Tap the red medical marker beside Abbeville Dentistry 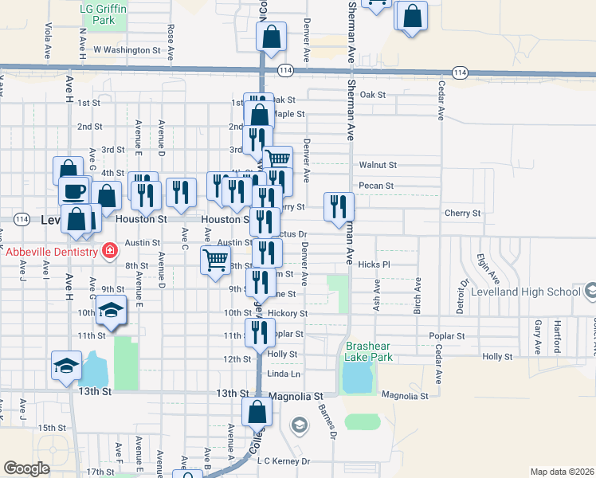click(109, 253)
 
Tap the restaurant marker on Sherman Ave click(339, 207)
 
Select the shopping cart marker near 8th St click(215, 260)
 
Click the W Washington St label click(127, 49)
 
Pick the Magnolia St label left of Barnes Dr click(296, 395)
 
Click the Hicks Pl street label click(374, 264)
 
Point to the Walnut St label click(377, 165)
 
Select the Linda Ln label click(284, 374)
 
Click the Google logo click(26, 468)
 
